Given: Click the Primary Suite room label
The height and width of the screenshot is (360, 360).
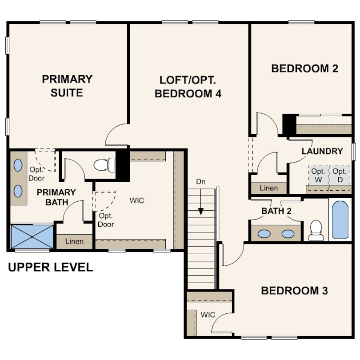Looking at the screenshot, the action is (67, 86).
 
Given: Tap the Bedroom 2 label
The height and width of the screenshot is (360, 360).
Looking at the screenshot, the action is (305, 68).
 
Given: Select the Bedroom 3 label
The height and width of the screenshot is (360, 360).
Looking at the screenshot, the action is (294, 291).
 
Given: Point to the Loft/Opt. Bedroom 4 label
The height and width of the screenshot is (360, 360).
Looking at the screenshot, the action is (188, 87).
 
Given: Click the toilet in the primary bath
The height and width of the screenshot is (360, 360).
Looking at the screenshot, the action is (104, 164).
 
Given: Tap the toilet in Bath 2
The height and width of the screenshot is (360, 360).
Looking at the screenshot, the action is (316, 230).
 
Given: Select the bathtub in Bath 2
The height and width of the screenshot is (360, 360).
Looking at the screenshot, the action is (340, 220).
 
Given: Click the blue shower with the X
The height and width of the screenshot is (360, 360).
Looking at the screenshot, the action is (32, 237).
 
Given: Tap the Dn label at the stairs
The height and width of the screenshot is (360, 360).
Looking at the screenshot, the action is (200, 182).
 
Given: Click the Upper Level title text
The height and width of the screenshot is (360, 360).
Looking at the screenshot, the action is (51, 267).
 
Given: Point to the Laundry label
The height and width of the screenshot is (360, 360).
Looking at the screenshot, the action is (322, 151).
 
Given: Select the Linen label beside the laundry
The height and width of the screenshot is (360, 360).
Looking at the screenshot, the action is (268, 188).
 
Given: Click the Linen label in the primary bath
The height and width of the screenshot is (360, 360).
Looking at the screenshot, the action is (74, 241).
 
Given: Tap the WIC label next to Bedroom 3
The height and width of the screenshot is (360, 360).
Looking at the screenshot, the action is (208, 315).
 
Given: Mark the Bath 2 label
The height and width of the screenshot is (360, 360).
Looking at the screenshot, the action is (276, 211).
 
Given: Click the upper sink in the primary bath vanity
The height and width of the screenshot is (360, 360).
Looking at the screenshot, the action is (18, 165).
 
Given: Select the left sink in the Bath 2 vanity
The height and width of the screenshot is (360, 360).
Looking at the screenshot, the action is (264, 234).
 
